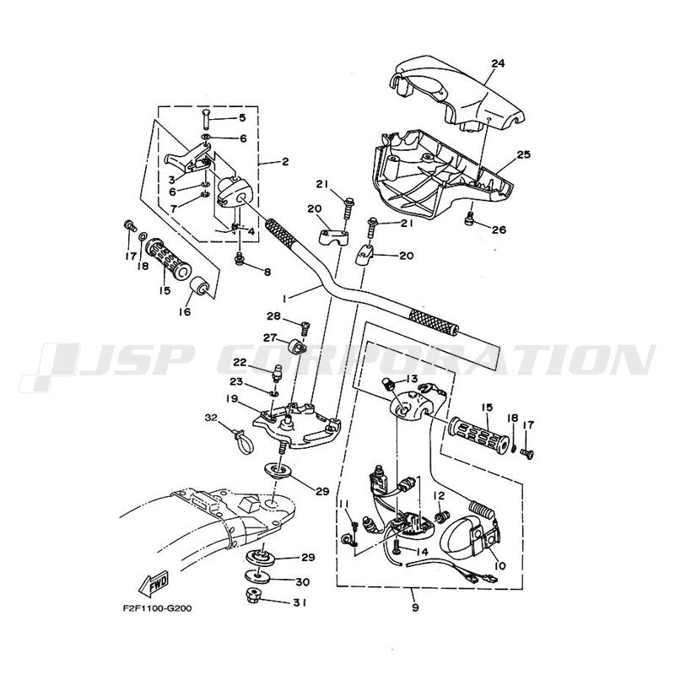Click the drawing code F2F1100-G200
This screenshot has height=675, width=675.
coord(157,608)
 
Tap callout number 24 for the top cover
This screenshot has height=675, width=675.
coord(498,63)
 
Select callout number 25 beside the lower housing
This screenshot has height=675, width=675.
coord(524,154)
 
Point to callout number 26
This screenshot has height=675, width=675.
coord(499,229)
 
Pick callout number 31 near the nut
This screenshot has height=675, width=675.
coord(300,602)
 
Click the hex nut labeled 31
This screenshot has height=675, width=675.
coord(251,596)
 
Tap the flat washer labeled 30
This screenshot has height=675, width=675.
coord(258,576)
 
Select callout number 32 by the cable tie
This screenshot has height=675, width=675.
coord(212,418)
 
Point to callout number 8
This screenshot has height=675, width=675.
coord(267,272)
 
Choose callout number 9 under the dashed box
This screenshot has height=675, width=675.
coord(415,607)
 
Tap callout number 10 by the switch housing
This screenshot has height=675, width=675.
coord(499,565)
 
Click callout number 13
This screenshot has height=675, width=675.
coord(412,378)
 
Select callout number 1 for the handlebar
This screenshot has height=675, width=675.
coord(284,298)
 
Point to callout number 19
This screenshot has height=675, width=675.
coord(232,399)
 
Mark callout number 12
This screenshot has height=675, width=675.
coord(438,495)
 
